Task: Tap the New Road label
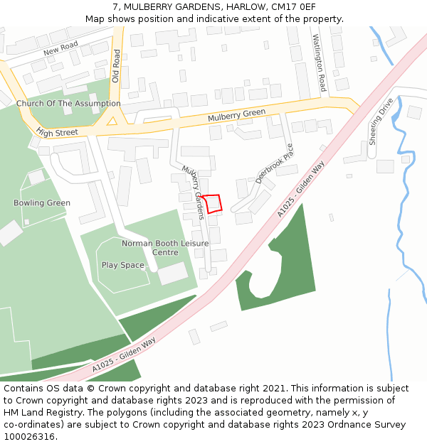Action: (60, 49)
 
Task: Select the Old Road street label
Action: (116, 66)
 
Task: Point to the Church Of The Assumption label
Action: (68, 104)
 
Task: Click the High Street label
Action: (57, 132)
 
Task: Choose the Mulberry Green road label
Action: (236, 115)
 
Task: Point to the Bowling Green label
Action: (42, 203)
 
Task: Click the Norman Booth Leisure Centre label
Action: (165, 248)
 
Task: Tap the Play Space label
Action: (122, 266)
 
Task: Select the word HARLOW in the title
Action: (246, 7)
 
